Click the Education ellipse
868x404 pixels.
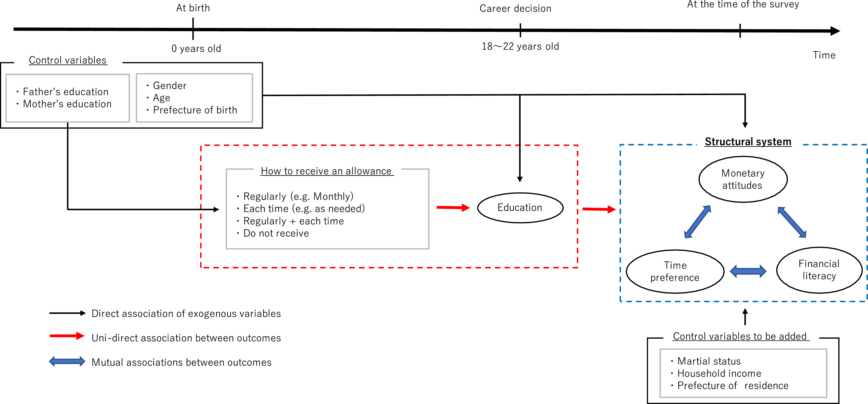point(520,208)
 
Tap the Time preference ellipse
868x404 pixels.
point(675,271)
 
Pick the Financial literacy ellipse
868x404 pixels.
point(819,270)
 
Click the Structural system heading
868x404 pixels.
point(748,142)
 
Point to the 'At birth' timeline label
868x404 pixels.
point(193,8)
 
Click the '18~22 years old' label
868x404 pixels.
point(520,46)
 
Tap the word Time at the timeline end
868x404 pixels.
point(824,55)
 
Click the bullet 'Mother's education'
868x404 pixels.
point(67,104)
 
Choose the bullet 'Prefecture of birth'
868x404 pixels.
point(195,110)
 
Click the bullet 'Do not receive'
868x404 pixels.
point(276,233)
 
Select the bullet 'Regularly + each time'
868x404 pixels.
point(293,221)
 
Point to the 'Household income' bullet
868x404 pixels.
point(719,373)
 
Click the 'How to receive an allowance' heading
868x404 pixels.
point(326,171)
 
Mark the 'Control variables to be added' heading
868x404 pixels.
point(740,336)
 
